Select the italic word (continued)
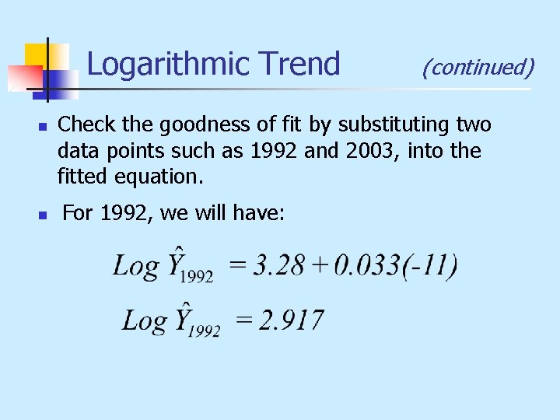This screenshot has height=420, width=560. coord(478,68)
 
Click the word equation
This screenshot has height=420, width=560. coord(159,177)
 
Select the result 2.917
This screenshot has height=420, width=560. coord(291,320)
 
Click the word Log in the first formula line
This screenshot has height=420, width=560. coord(135,267)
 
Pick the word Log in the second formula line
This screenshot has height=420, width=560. coord(145,320)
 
